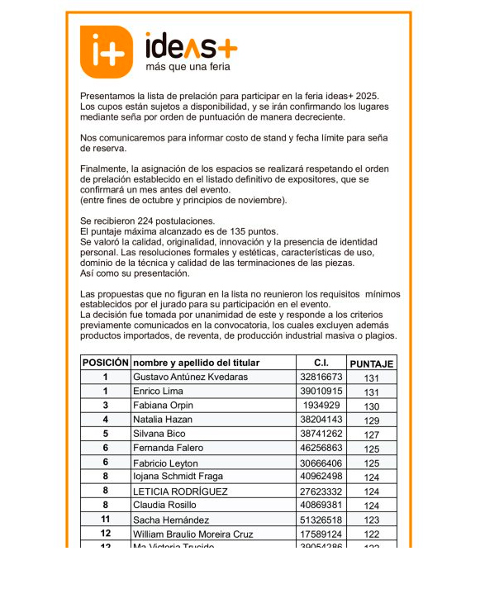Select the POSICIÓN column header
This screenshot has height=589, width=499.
(x=105, y=363)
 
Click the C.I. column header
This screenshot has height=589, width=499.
(x=321, y=363)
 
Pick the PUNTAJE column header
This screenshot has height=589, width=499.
(x=371, y=363)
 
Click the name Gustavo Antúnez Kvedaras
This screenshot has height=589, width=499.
(x=190, y=378)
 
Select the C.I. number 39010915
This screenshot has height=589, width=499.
(x=321, y=392)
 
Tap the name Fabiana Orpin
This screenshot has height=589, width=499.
(x=163, y=406)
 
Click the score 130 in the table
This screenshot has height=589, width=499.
(x=371, y=406)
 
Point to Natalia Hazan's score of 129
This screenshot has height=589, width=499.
(x=371, y=420)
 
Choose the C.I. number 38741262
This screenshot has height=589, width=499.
(x=321, y=434)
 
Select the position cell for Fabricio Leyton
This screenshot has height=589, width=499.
(x=105, y=463)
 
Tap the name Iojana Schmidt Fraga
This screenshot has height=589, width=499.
(x=178, y=477)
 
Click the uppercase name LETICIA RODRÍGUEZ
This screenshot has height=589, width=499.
(x=181, y=492)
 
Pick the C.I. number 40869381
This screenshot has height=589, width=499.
(x=321, y=505)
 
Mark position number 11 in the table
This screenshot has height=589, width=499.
(x=105, y=520)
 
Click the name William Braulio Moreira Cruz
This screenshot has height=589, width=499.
(x=193, y=534)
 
